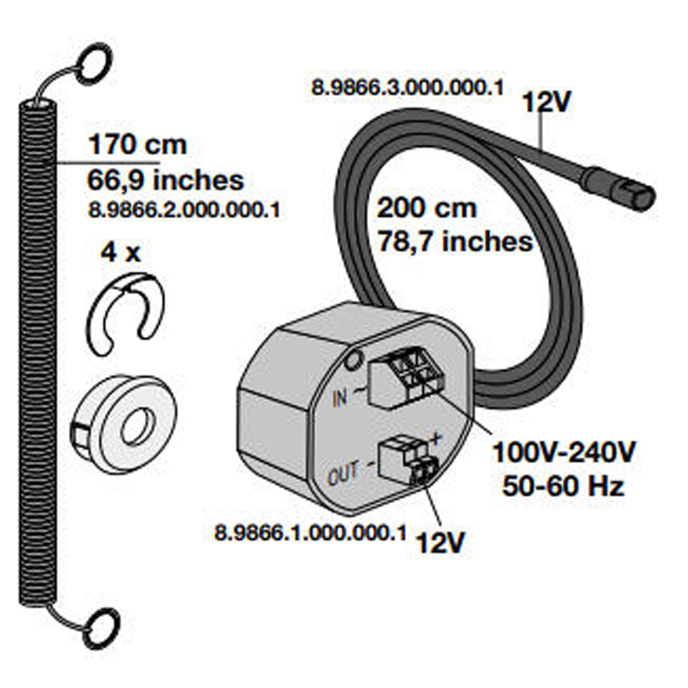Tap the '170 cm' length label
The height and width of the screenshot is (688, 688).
click(138, 145)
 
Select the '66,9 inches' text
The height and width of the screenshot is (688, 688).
click(166, 181)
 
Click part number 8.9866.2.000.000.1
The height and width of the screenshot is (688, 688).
click(183, 210)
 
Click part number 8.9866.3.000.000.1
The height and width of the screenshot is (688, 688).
click(407, 88)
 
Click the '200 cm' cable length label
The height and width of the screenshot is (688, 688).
click(426, 208)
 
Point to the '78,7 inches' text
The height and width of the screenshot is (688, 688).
click(455, 242)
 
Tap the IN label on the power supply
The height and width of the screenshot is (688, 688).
click(340, 398)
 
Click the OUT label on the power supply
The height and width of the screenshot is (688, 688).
click(342, 475)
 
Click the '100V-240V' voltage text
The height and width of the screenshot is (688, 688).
click(564, 453)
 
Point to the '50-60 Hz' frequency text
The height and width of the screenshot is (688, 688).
click(563, 486)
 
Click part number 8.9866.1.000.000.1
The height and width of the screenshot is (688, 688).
click(310, 534)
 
